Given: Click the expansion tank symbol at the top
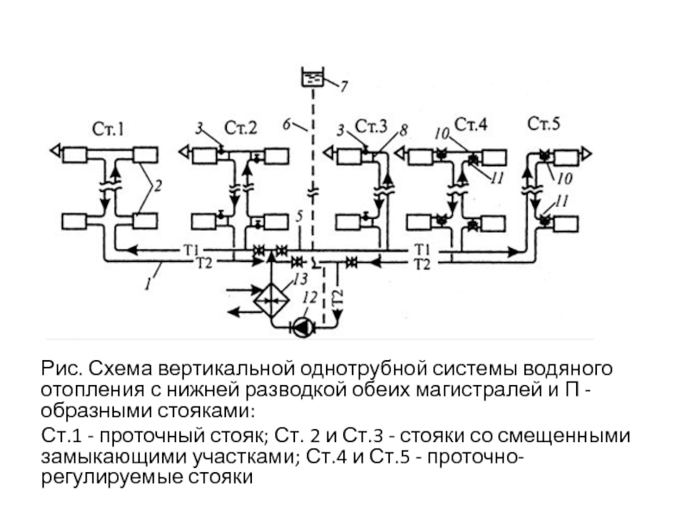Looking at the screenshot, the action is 313,78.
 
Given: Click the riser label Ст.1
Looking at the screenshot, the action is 109,129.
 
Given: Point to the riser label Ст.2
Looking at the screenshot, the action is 241,128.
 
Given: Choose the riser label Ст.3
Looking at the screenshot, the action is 371,126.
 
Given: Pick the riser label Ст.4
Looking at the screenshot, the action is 471,124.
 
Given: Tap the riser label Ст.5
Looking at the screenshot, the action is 544,123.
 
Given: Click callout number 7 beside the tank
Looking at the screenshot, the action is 343,86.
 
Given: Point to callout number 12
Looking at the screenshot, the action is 310,297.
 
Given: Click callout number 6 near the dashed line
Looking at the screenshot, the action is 286,124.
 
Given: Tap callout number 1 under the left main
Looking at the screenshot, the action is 148,283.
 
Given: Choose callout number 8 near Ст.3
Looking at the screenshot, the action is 403,130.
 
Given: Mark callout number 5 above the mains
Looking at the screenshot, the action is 299,216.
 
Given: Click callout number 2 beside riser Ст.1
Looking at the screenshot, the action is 158,186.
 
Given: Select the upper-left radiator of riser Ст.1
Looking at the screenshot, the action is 75,155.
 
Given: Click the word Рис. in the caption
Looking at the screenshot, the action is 62,369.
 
